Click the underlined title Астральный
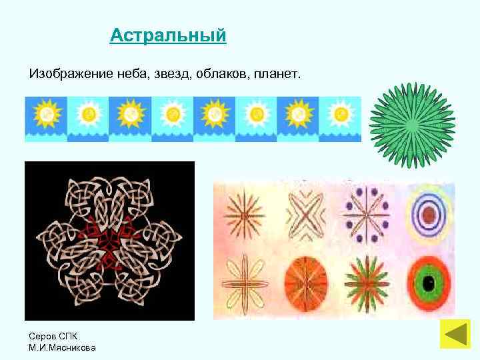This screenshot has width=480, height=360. click(168, 35)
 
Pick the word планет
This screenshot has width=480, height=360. click(277, 71)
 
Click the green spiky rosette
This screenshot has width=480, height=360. click(413, 125)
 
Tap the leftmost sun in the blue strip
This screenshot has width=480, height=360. click(46, 115)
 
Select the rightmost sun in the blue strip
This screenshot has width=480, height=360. click(340, 115)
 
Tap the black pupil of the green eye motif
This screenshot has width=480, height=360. click(430, 284)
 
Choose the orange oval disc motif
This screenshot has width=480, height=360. click(305, 283)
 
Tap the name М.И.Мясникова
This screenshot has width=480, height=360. click(62, 347)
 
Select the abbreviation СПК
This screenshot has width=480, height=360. click(69, 335)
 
